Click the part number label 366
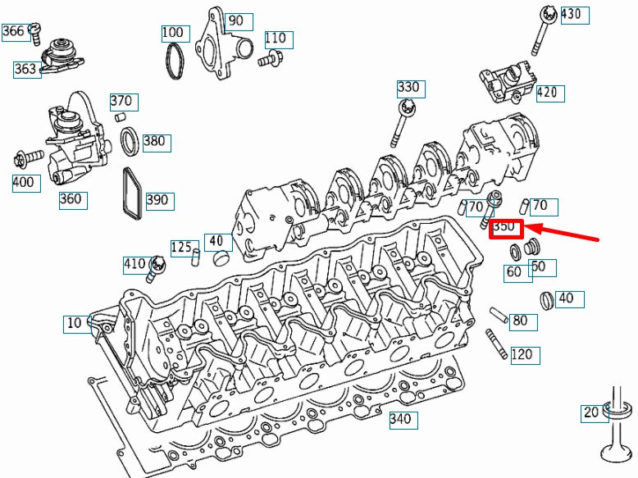[13, 31]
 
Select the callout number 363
[25, 69]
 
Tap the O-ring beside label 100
[175, 62]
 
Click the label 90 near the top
[235, 20]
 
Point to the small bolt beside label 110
[270, 58]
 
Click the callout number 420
[550, 92]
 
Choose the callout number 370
[121, 101]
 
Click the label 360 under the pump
[71, 198]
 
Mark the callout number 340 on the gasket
[401, 420]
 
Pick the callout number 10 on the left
[75, 323]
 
